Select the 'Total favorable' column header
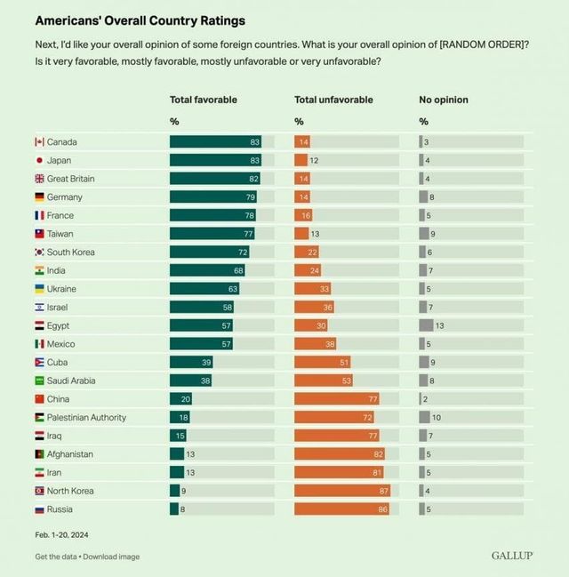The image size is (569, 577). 204,100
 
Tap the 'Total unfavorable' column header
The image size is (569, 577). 333,100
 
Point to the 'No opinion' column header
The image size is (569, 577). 444,100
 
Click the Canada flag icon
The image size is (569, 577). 39,142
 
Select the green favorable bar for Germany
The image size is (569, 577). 212,197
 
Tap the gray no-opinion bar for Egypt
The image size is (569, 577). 426,325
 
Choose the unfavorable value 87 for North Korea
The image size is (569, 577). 383,491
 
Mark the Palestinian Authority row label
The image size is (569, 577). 86,418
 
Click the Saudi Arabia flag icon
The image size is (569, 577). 39,381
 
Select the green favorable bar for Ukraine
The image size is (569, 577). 204,289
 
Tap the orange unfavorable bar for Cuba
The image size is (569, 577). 322,362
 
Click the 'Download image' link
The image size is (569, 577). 112,557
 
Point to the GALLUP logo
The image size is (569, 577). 512,556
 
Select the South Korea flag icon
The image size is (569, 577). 39,252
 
